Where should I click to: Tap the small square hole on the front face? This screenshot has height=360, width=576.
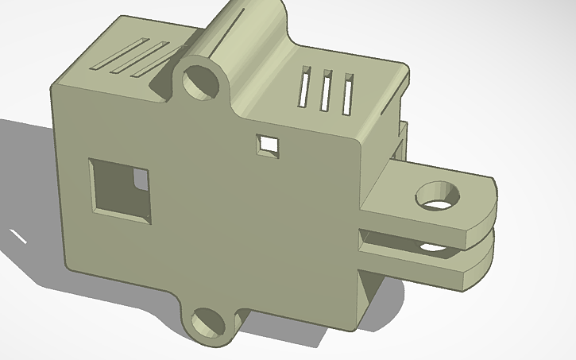pos(269,145)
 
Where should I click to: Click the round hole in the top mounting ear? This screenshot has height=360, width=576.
pos(202,81)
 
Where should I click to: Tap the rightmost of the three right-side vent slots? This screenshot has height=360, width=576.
pos(346,93)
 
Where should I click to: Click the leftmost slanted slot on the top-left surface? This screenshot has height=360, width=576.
pos(110,55)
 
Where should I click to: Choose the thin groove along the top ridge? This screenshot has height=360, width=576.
pos(230,36)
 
